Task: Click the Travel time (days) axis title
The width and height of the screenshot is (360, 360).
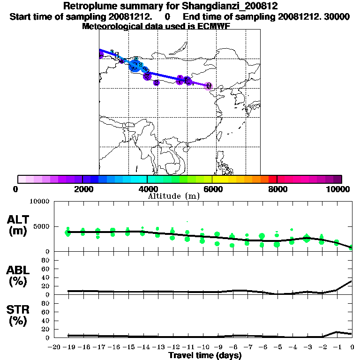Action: pos(205,356)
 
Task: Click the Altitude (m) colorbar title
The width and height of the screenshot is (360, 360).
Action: pos(173,196)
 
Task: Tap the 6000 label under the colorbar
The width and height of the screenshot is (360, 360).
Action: pos(212,189)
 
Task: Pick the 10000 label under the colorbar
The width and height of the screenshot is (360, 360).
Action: pos(338,189)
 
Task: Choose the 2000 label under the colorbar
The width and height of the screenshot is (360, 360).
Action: pos(82,189)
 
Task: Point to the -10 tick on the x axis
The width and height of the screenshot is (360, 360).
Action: pos(203,347)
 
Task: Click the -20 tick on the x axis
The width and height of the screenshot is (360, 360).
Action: pos(54,347)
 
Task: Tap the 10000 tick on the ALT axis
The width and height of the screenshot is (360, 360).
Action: pos(39,202)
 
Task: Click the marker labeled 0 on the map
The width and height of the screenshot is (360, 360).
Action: pos(209,86)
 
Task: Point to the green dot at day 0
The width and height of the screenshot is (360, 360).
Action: pos(352,247)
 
